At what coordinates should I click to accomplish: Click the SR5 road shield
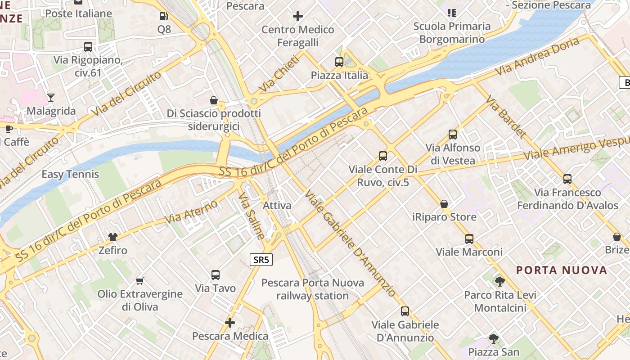pyautogui.click(x=261, y=260)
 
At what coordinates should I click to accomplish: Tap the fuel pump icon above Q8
pyautogui.click(x=164, y=17)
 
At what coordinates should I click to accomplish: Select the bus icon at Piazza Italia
pyautogui.click(x=339, y=62)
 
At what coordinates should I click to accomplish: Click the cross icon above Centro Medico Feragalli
pyautogui.click(x=297, y=17)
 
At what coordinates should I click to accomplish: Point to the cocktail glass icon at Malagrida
pyautogui.click(x=51, y=97)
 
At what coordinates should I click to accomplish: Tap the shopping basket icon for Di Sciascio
pyautogui.click(x=214, y=100)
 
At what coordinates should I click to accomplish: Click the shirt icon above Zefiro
pyautogui.click(x=112, y=237)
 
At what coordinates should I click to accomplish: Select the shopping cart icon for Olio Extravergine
pyautogui.click(x=140, y=281)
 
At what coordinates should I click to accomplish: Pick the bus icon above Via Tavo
pyautogui.click(x=216, y=274)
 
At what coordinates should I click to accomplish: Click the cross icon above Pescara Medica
pyautogui.click(x=230, y=323)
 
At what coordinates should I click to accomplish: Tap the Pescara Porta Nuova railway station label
pyautogui.click(x=312, y=289)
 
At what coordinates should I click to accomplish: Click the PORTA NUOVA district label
pyautogui.click(x=562, y=270)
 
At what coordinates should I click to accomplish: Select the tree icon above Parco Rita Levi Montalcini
pyautogui.click(x=499, y=282)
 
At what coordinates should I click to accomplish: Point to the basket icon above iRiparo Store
pyautogui.click(x=444, y=204)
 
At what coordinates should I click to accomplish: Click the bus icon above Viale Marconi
pyautogui.click(x=469, y=238)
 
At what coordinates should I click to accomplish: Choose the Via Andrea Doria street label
pyautogui.click(x=537, y=57)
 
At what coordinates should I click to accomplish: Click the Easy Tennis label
pyautogui.click(x=70, y=174)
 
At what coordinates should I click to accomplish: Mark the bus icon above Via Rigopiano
pyautogui.click(x=88, y=46)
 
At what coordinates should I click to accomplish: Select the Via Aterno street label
pyautogui.click(x=191, y=212)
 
